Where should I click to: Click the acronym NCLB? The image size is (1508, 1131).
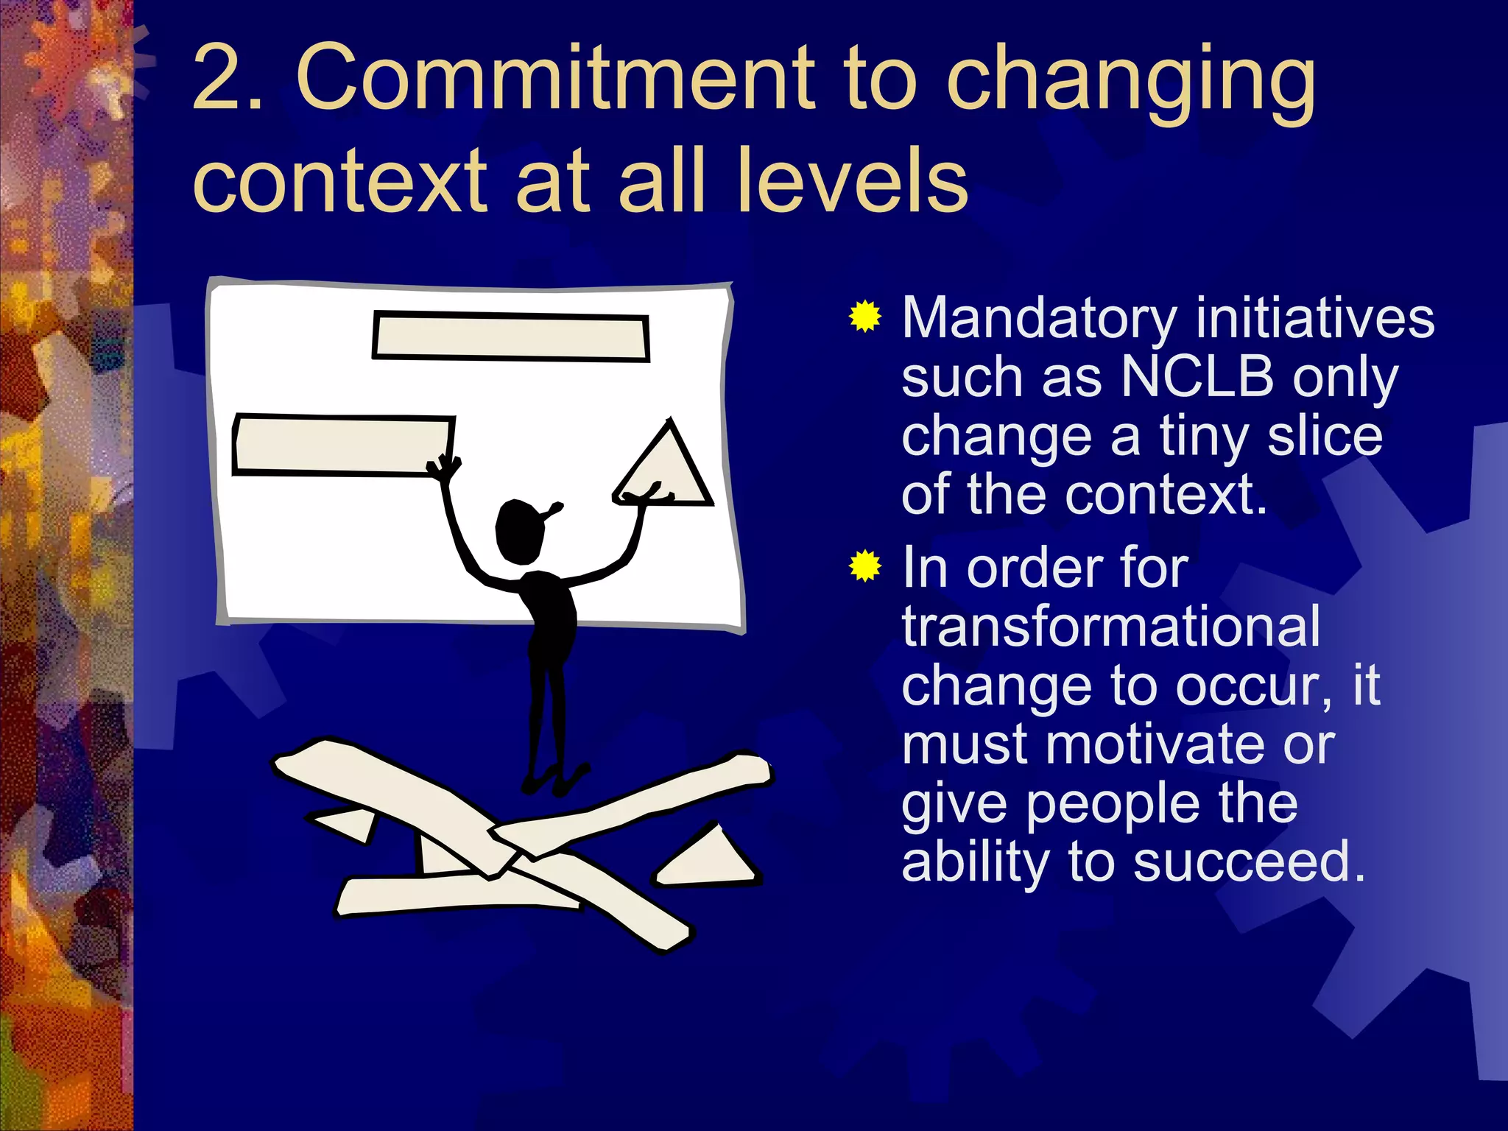tap(1197, 377)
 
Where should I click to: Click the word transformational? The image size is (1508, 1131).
tap(1110, 627)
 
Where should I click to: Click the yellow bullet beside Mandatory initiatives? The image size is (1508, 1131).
tap(865, 317)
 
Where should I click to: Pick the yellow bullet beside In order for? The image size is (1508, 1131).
tap(865, 566)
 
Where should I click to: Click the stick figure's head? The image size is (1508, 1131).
tap(520, 532)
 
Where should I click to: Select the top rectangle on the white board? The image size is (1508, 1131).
tap(510, 337)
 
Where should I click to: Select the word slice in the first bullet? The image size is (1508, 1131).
tap(1325, 436)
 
